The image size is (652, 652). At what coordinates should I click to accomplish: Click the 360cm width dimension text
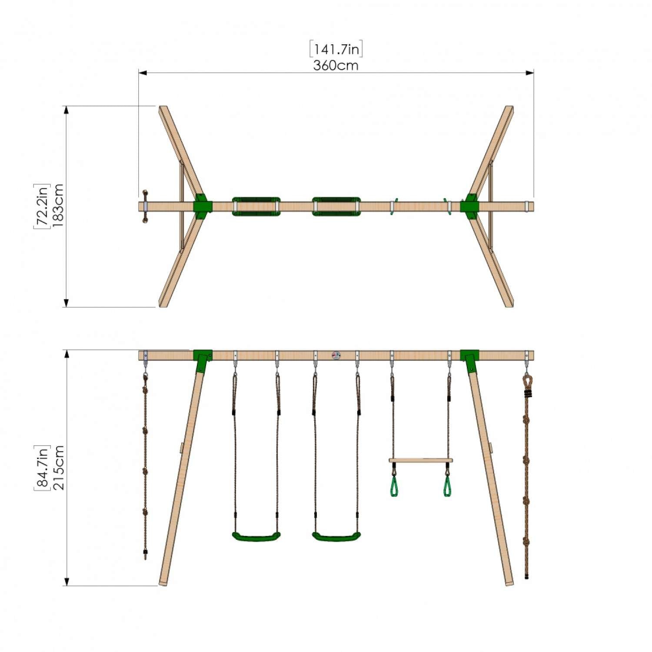(x=336, y=66)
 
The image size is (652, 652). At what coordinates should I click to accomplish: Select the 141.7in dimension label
(x=336, y=49)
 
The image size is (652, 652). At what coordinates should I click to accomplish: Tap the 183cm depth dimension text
(x=58, y=206)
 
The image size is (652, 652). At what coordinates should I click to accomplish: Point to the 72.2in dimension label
(x=42, y=206)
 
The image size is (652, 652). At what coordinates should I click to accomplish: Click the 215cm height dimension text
(x=58, y=468)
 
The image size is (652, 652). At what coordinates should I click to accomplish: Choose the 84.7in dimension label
(x=42, y=468)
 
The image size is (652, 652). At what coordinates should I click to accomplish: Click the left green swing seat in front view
(x=256, y=537)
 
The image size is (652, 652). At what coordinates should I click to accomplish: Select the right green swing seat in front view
(x=336, y=537)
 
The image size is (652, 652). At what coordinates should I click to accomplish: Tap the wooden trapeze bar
(x=420, y=460)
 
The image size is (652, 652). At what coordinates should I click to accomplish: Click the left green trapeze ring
(x=394, y=487)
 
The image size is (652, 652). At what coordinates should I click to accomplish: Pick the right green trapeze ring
(x=447, y=487)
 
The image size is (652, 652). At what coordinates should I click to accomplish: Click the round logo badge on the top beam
(x=336, y=356)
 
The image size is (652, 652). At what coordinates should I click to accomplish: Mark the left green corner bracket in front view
(x=203, y=359)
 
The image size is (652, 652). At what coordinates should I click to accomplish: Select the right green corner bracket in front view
(x=469, y=359)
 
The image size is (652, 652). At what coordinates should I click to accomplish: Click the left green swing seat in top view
(x=256, y=206)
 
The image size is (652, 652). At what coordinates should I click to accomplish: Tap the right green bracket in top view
(x=470, y=206)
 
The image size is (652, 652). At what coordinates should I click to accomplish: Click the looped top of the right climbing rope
(x=527, y=382)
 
